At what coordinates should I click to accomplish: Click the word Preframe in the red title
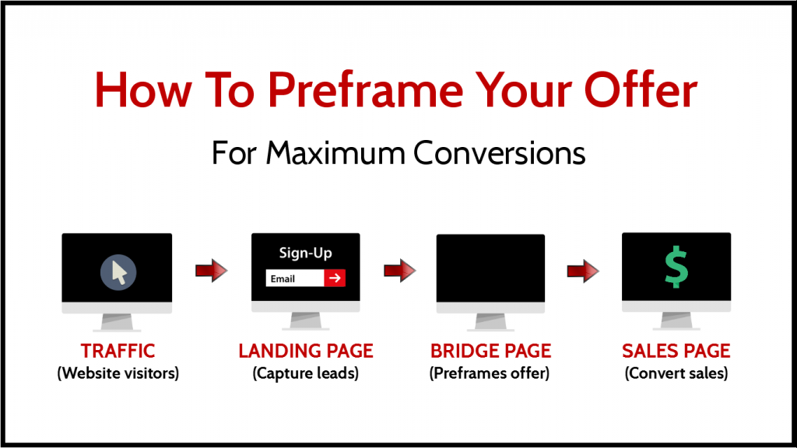point(366,90)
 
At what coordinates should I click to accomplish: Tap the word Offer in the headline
point(641,89)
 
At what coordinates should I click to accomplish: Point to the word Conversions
point(499,153)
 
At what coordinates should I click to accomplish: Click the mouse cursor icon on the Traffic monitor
point(118,272)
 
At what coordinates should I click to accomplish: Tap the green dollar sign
point(676,268)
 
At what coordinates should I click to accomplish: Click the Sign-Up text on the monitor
point(305,253)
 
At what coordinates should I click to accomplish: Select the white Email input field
point(295,278)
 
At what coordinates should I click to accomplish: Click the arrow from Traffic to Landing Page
point(212,270)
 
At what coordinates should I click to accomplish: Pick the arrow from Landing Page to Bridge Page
point(400,270)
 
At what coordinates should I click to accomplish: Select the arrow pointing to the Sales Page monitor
point(583,270)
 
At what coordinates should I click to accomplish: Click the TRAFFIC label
point(118,351)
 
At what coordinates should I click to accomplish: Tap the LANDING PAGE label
point(306,351)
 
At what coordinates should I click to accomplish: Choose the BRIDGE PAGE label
point(490,351)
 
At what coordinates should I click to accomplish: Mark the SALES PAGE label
point(676,351)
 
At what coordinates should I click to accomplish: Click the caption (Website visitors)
point(118,373)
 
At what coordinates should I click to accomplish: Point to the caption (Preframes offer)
point(490,373)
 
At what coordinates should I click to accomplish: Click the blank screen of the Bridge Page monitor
point(490,268)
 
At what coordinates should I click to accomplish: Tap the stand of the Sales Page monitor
point(676,321)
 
